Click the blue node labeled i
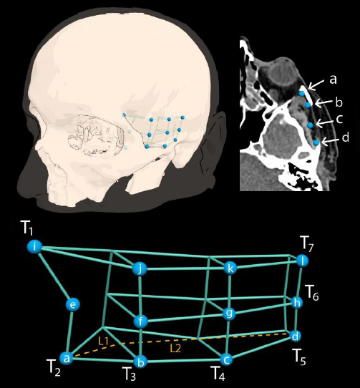[34, 247]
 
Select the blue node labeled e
[73, 305]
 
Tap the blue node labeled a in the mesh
[67, 358]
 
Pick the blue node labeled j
[140, 268]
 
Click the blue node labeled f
[141, 321]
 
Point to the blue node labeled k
[230, 268]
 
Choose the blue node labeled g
[229, 314]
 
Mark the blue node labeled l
[302, 261]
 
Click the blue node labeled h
[297, 302]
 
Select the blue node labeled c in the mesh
[226, 359]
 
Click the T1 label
[27, 228]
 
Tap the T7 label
[308, 243]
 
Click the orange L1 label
[103, 341]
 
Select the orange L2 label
[175, 349]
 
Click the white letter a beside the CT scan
[333, 80]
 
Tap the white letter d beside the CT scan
[345, 137]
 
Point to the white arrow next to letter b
[323, 102]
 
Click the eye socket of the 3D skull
[95, 136]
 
